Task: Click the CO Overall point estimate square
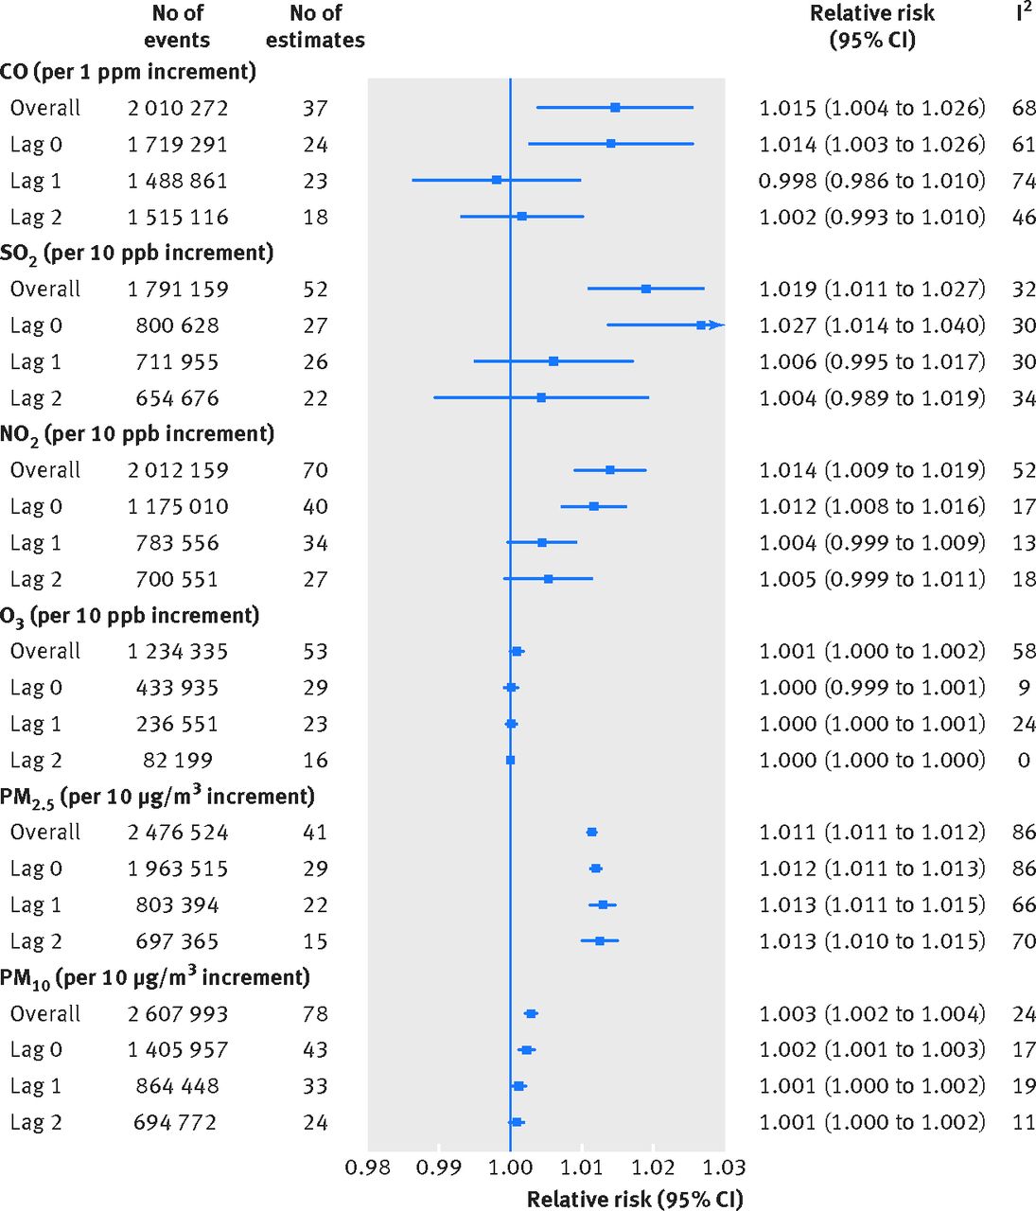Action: (615, 108)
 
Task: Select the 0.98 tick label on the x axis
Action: (367, 1167)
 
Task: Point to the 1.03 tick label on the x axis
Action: (725, 1167)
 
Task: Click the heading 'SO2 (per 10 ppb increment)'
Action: (137, 254)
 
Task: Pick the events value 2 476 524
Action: (178, 833)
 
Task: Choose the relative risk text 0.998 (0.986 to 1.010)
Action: (871, 181)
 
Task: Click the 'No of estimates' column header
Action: (315, 26)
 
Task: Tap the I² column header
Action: (1023, 12)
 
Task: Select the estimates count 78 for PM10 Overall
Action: (315, 1014)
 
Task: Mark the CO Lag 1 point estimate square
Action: (497, 180)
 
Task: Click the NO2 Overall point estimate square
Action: (610, 470)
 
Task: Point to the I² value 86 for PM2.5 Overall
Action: (1024, 833)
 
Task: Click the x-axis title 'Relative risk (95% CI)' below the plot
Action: (635, 1200)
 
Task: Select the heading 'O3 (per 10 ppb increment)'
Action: (130, 616)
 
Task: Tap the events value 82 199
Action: (178, 761)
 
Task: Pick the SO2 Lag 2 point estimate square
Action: (541, 398)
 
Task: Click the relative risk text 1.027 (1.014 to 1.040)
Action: (871, 325)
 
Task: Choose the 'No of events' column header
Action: (177, 26)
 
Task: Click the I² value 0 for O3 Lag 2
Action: (1024, 761)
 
